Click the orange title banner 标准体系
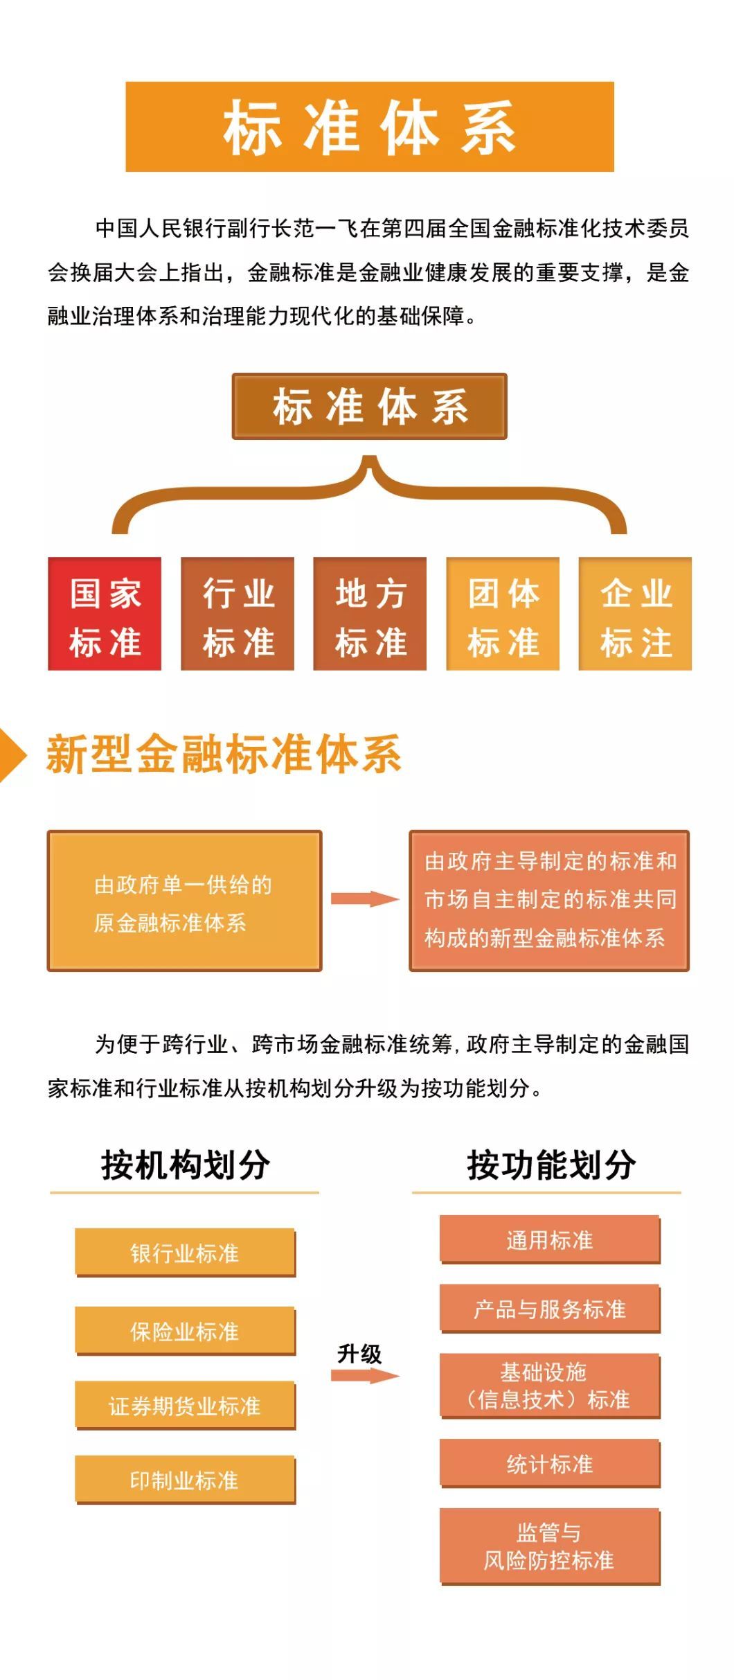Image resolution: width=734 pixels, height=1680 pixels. pyautogui.click(x=370, y=127)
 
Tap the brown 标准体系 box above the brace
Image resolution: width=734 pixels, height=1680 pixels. pyautogui.click(x=369, y=406)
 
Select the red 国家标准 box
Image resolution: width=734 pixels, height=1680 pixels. pyautogui.click(x=105, y=614)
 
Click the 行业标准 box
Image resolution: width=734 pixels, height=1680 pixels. pyautogui.click(x=238, y=614)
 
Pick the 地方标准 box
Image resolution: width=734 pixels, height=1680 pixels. pyautogui.click(x=370, y=614)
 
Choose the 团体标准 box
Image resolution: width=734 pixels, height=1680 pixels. pyautogui.click(x=503, y=614)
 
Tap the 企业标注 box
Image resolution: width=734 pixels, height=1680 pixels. pyautogui.click(x=635, y=614)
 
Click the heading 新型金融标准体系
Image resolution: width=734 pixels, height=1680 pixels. pyautogui.click(x=224, y=754)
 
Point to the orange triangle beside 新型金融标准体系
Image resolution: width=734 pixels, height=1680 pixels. pyautogui.click(x=12, y=755)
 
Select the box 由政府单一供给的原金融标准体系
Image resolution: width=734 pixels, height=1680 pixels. pyautogui.click(x=184, y=901)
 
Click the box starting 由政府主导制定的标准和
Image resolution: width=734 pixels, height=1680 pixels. pyautogui.click(x=549, y=901)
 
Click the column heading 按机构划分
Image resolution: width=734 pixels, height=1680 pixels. pyautogui.click(x=185, y=1165)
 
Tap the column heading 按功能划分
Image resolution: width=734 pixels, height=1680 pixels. pyautogui.click(x=551, y=1165)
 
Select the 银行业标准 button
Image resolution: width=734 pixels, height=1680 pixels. pyautogui.click(x=185, y=1253)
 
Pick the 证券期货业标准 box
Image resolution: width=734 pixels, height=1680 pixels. pyautogui.click(x=185, y=1406)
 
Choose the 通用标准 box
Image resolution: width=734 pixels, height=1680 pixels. pyautogui.click(x=550, y=1240)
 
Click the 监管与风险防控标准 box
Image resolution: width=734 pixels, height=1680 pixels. pyautogui.click(x=550, y=1547)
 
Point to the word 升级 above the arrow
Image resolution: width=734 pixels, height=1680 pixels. pyautogui.click(x=359, y=1354)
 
